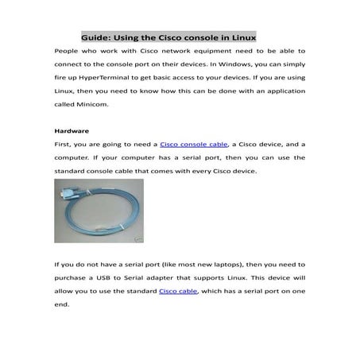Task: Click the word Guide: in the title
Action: point(97,37)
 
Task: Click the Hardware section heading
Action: point(72,130)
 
